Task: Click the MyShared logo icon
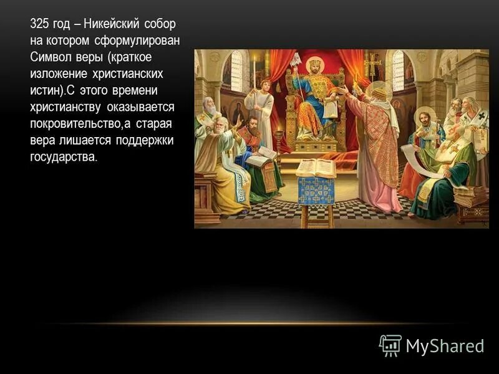click(x=390, y=345)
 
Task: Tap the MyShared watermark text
click(x=445, y=346)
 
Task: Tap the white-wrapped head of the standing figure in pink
click(x=377, y=92)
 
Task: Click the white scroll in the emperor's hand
click(x=330, y=108)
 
